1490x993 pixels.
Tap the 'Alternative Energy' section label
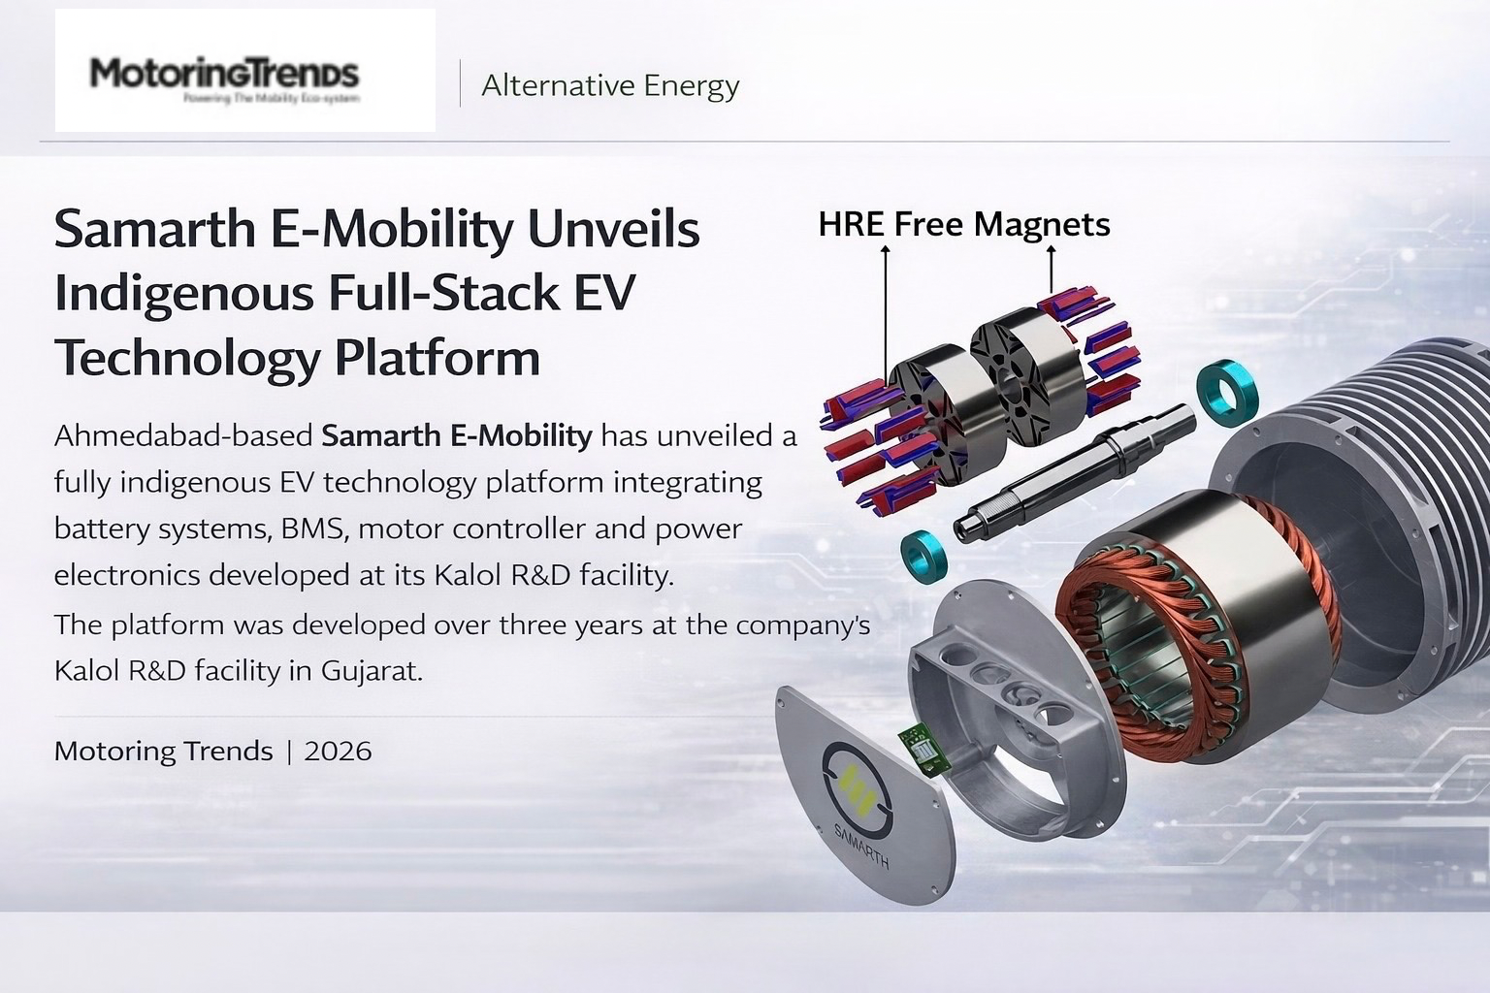610,85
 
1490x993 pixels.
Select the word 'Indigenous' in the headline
183,293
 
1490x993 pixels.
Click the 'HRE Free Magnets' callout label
963,224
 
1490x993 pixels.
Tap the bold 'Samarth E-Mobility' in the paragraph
456,435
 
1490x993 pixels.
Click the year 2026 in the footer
338,751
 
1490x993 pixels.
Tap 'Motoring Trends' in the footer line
163,751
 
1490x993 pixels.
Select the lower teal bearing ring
923,556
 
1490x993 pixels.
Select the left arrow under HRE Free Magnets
885,310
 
